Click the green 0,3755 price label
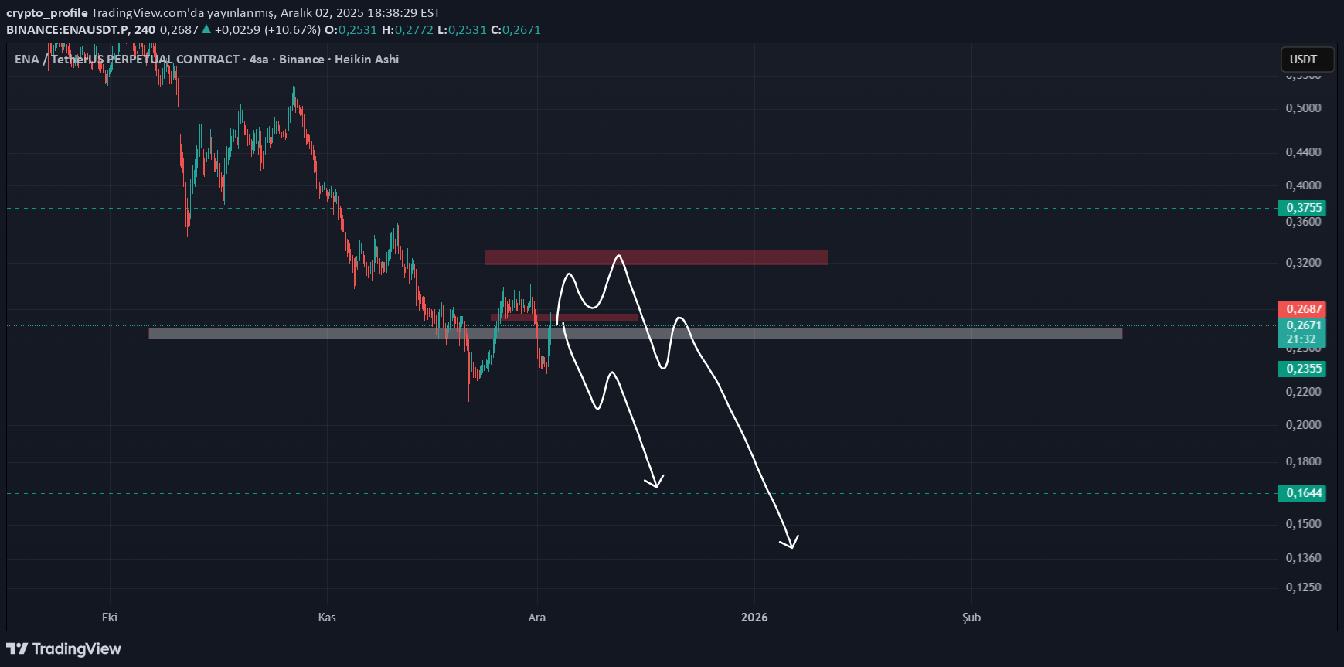pyautogui.click(x=1303, y=208)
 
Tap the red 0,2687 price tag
pyautogui.click(x=1303, y=309)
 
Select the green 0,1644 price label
pyautogui.click(x=1303, y=493)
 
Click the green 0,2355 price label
pyautogui.click(x=1303, y=369)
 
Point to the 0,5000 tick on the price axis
pyautogui.click(x=1303, y=108)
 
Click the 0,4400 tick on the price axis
pyautogui.click(x=1303, y=152)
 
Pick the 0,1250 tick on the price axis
pyautogui.click(x=1303, y=587)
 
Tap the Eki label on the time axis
pyautogui.click(x=110, y=617)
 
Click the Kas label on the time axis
pyautogui.click(x=327, y=617)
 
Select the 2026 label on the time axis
pyautogui.click(x=754, y=617)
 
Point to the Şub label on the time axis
pyautogui.click(x=971, y=617)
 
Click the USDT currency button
pyautogui.click(x=1304, y=60)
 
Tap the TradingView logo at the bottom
pyautogui.click(x=64, y=648)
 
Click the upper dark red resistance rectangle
pyautogui.click(x=655, y=257)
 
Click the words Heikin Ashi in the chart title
pyautogui.click(x=366, y=60)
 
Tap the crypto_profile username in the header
pyautogui.click(x=46, y=12)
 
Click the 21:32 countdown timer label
pyautogui.click(x=1301, y=339)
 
